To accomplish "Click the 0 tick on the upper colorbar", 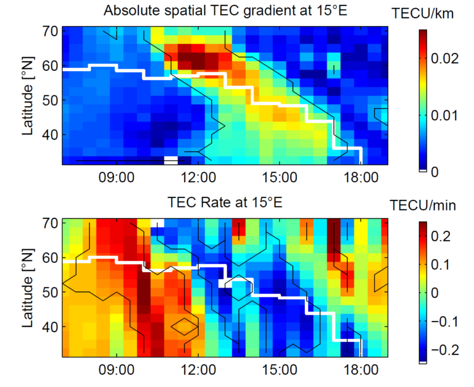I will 434,172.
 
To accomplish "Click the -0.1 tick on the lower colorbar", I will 443,321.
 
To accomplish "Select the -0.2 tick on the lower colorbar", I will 443,349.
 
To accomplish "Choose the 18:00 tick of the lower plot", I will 360,370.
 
